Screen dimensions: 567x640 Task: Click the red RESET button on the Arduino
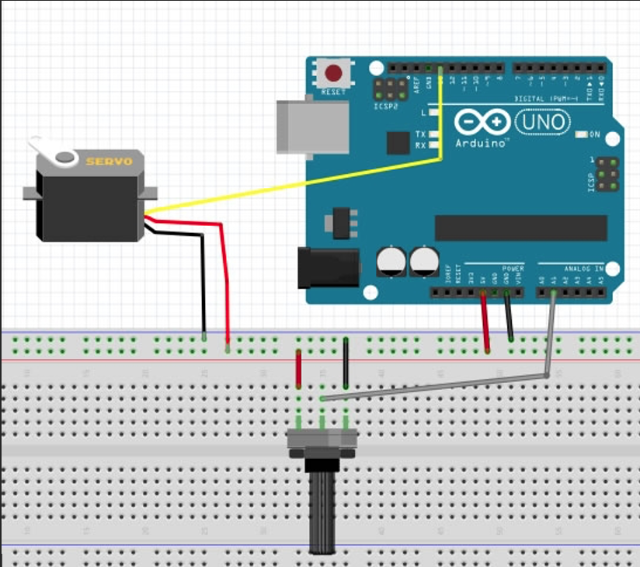[334, 75]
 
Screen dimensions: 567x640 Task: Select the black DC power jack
[328, 268]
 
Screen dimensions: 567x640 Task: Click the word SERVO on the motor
[109, 162]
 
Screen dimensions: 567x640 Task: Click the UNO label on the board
[542, 122]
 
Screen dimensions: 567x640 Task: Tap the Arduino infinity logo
[482, 123]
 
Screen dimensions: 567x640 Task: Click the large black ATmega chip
[520, 228]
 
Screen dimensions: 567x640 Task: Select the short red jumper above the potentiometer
[298, 368]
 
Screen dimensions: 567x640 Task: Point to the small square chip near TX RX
[398, 142]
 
